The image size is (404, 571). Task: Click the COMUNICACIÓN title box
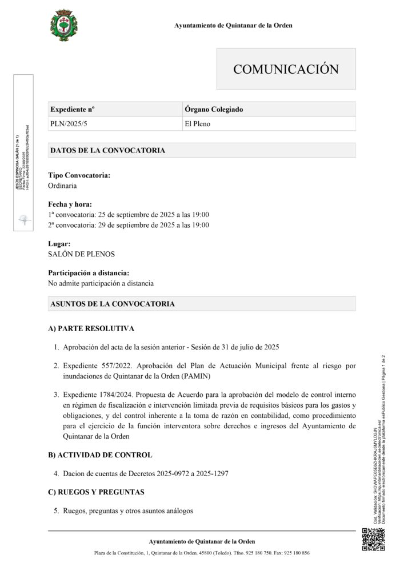pyautogui.click(x=286, y=69)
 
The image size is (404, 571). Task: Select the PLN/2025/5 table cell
pyautogui.click(x=67, y=123)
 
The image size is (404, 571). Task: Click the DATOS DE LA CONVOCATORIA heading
pyautogui.click(x=108, y=151)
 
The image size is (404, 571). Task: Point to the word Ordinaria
pyautogui.click(x=63, y=186)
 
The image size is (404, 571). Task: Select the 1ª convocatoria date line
pyautogui.click(x=129, y=215)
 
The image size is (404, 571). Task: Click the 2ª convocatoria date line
pyautogui.click(x=129, y=225)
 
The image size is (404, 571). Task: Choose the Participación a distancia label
pyautogui.click(x=89, y=273)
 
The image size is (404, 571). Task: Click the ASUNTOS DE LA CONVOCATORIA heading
pyautogui.click(x=113, y=304)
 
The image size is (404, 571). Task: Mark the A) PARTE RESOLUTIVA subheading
pyautogui.click(x=91, y=329)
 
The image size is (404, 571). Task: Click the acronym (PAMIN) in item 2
pyautogui.click(x=212, y=377)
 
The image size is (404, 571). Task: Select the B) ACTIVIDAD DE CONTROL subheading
pyautogui.click(x=101, y=455)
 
